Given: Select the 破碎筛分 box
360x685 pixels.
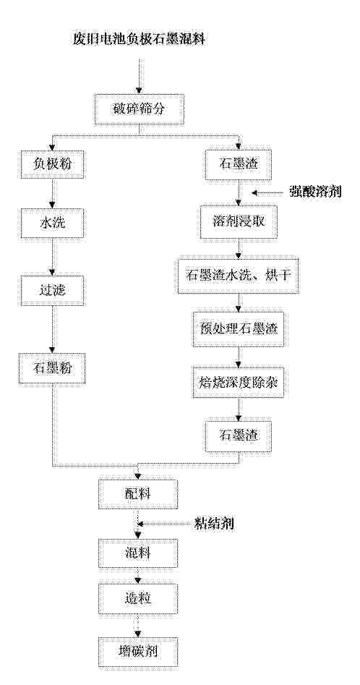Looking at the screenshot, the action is tap(139, 109).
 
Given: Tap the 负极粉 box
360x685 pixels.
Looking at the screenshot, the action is tap(52, 165).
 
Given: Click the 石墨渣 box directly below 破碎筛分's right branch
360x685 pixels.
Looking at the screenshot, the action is tap(237, 165).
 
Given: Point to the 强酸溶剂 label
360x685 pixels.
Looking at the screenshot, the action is tap(315, 192).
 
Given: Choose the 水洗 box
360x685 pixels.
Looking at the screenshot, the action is tap(52, 223).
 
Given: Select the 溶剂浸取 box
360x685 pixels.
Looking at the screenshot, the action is tap(237, 221).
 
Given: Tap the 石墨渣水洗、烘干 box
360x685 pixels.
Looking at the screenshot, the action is tap(237, 276).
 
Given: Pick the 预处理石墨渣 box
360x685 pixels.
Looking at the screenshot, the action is tap(237, 329).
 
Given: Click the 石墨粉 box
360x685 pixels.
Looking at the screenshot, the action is tap(52, 369).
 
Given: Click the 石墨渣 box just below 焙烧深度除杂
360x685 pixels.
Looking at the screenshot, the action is tap(237, 436).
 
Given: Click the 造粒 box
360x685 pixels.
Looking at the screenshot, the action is tap(139, 600).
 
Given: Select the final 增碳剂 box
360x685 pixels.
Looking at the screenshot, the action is tap(139, 653).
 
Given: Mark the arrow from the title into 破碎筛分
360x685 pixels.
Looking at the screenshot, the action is tap(139, 75).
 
